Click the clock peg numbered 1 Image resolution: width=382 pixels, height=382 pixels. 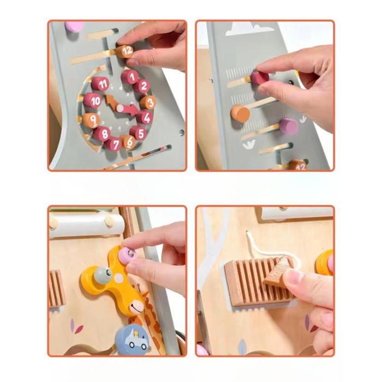[129, 76]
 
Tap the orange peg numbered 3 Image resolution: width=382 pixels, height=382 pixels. [147, 103]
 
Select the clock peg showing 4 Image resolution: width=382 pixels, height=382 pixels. [144, 117]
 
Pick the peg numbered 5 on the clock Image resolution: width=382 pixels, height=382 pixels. [138, 133]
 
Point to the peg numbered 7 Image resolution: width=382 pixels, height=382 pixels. [114, 144]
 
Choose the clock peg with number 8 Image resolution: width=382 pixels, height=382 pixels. [102, 134]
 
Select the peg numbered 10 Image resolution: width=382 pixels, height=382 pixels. [92, 100]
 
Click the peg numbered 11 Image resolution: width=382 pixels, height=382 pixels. [100, 83]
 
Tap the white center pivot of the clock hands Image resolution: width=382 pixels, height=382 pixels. [120, 108]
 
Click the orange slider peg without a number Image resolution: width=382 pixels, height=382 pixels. [240, 114]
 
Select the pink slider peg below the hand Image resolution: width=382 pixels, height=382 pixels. [288, 127]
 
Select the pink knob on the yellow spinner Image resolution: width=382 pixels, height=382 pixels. [128, 254]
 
